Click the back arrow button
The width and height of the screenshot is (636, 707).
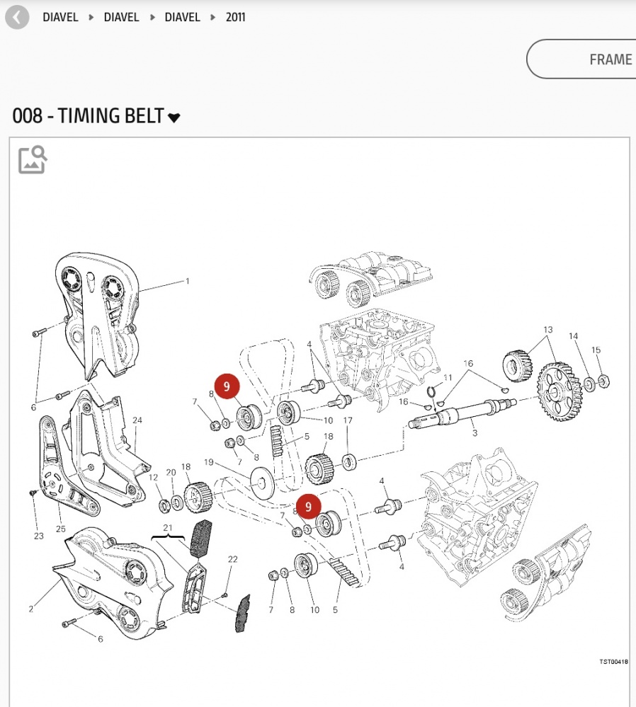[17, 18]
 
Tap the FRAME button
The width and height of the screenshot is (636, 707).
[581, 59]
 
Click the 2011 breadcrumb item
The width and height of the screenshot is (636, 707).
[236, 17]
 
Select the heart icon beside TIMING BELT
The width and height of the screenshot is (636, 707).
[174, 117]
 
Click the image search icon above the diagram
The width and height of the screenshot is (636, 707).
[33, 160]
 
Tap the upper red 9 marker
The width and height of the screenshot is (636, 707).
[227, 386]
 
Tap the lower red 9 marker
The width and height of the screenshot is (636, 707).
[308, 506]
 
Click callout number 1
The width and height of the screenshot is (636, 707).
[188, 282]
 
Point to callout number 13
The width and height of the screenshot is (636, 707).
[548, 330]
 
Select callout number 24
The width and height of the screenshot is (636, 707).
[137, 420]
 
